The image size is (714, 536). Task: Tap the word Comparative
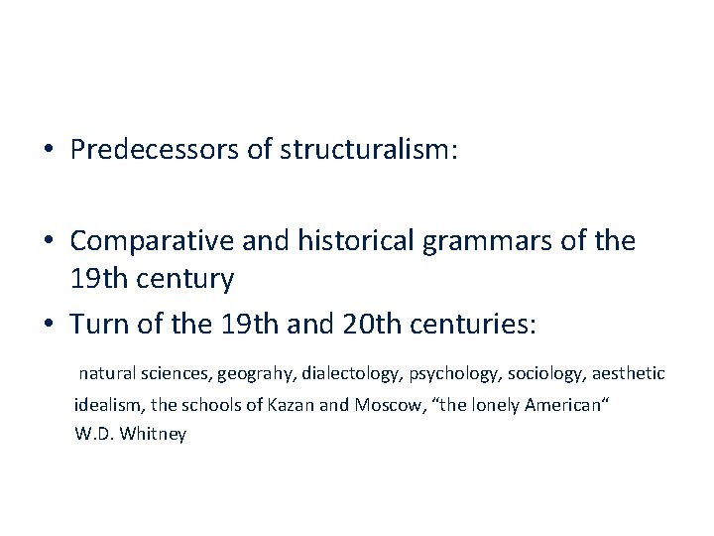147,241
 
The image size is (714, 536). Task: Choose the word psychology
448,374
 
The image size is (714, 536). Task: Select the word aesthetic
627,374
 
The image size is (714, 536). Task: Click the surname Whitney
153,434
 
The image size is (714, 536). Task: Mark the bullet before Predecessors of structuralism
49,150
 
